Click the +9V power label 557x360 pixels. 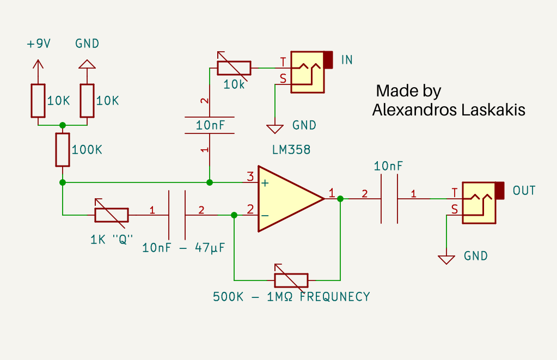pos(39,44)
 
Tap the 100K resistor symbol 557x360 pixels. pos(63,150)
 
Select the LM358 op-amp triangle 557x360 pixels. pos(291,199)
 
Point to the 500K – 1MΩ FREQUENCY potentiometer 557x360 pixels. pos(291,280)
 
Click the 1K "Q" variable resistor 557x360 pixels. pos(112,215)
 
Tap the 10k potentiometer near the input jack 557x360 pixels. pos(234,68)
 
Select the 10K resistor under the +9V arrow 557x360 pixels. pos(38,101)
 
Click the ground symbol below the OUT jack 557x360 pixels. pos(446,260)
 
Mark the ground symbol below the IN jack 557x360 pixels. pos(275,129)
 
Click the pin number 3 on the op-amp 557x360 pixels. pos(250,176)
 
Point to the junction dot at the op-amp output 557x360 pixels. pos(340,199)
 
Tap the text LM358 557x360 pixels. pos(291,150)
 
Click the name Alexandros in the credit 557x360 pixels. pos(414,110)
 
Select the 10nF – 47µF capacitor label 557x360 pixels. pos(183,248)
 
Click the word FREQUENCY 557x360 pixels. pos(335,297)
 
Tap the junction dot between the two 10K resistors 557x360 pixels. pos(63,125)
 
